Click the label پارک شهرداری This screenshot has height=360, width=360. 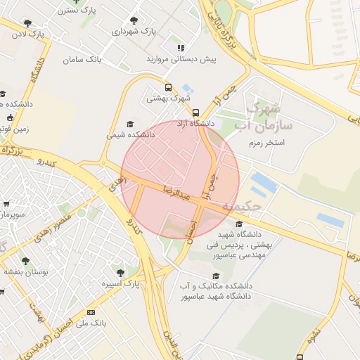coord(134,32)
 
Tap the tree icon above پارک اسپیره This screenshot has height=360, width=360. coord(120,272)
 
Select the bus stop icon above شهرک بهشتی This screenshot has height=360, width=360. coord(167,88)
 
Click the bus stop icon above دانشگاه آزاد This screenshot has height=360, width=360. coord(195,112)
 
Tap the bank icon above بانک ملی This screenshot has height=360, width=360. coord(90,311)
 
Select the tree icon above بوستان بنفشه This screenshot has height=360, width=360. coord(25,261)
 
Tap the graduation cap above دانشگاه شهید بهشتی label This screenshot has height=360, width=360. coord(238,224)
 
